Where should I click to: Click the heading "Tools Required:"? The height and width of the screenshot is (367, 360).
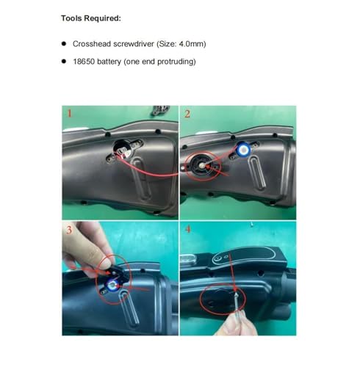pyautogui.click(x=96, y=16)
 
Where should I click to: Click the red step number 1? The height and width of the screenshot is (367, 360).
pyautogui.click(x=69, y=114)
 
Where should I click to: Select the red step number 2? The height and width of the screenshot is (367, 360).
pyautogui.click(x=187, y=114)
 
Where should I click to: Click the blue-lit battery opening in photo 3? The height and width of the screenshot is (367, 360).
pyautogui.click(x=112, y=283)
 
